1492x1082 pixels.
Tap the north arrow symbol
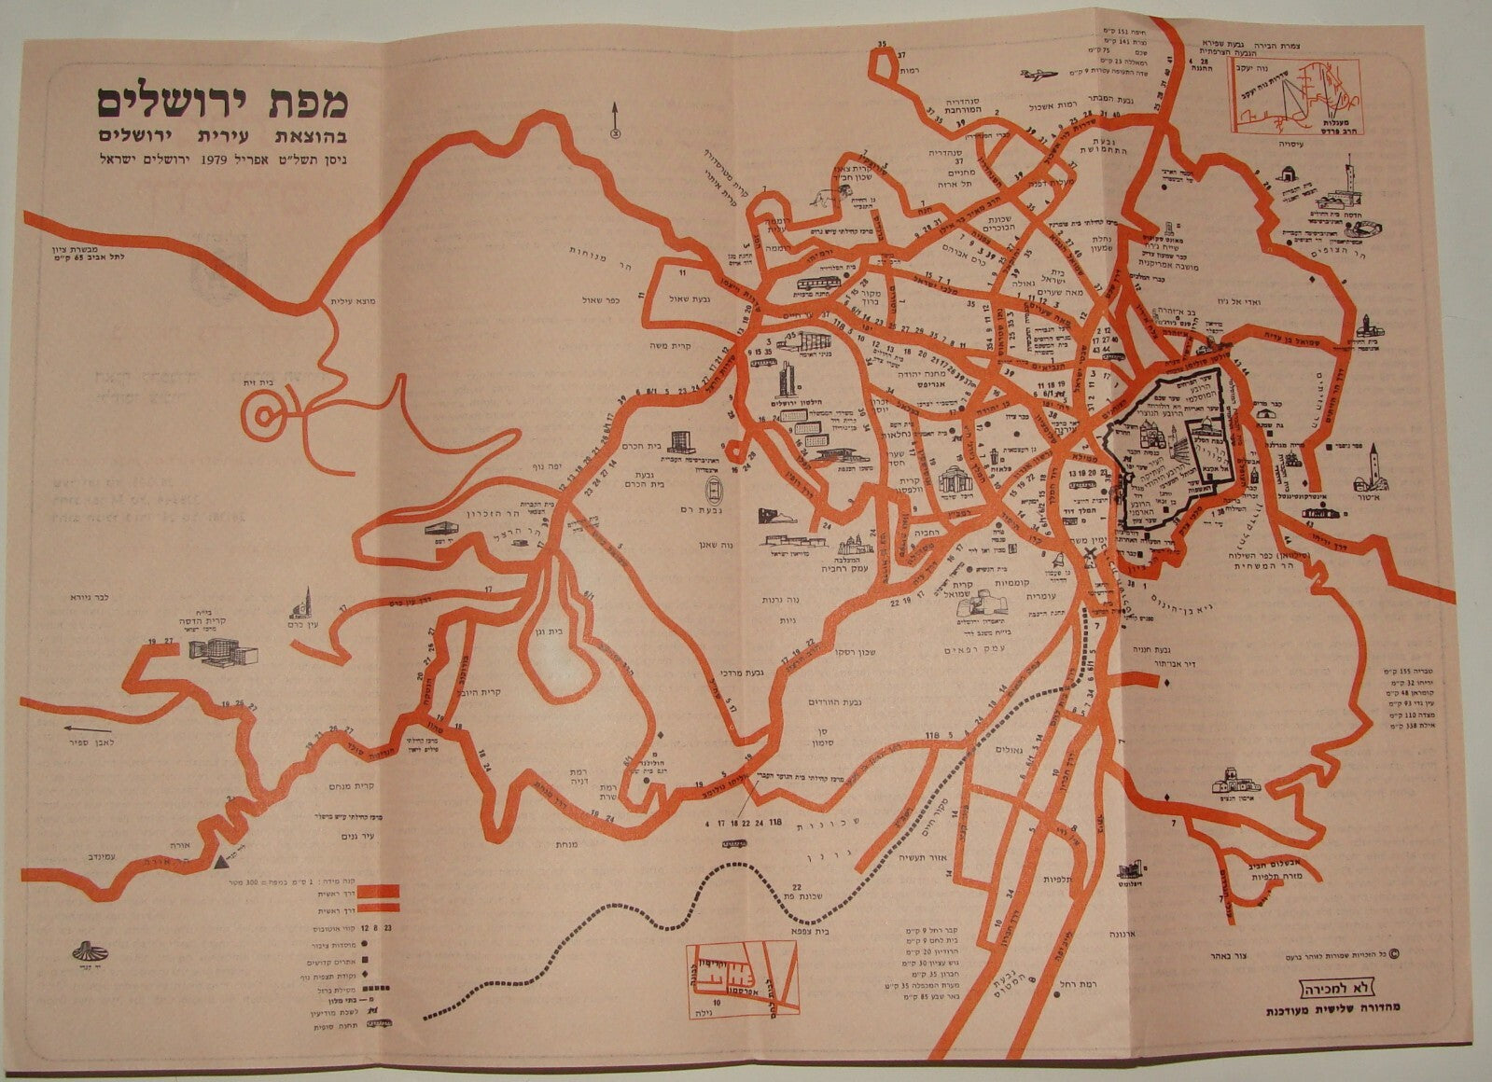pos(615,120)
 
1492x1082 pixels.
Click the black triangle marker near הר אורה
pos(216,863)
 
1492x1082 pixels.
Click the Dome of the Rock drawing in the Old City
pos(1206,435)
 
